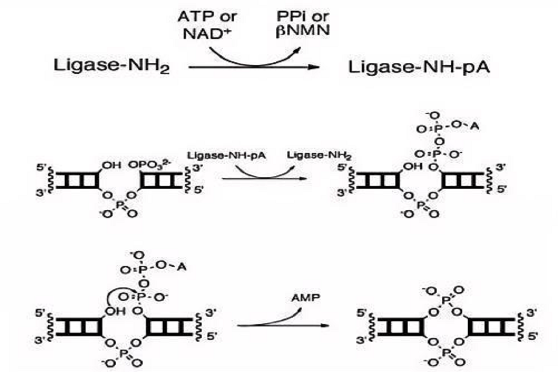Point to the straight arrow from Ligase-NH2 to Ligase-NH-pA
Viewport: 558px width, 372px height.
[x=253, y=68]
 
